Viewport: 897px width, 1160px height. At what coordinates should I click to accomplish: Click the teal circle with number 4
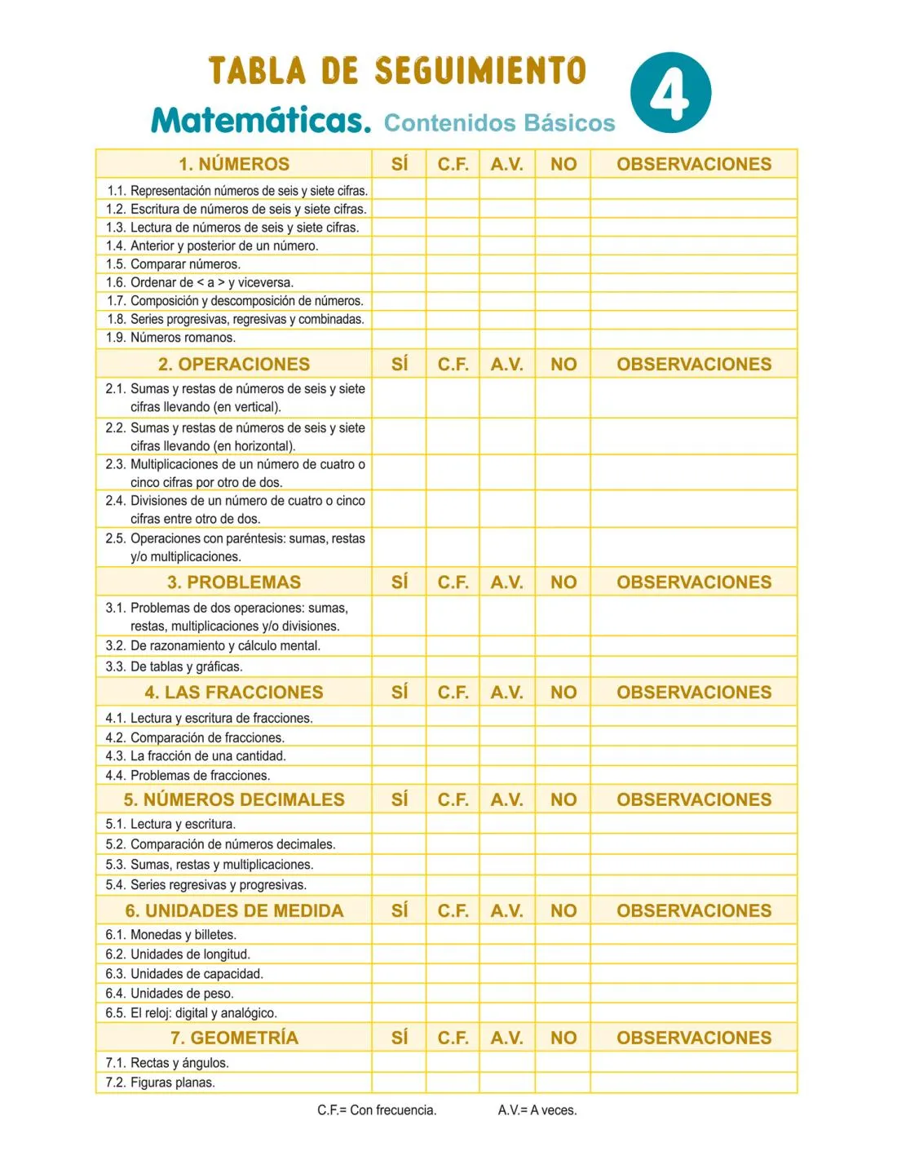[670, 93]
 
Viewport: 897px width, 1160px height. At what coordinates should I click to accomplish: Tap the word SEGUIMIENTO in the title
[480, 71]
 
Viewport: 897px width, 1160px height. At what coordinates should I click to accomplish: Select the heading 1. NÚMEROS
[234, 164]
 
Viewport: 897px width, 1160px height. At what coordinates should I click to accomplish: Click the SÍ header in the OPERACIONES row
[400, 364]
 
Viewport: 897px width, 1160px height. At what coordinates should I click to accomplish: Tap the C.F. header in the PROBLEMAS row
[453, 582]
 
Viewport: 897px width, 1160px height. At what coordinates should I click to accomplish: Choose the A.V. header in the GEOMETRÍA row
[506, 1038]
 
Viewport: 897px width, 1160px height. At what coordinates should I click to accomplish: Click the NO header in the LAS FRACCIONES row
[563, 693]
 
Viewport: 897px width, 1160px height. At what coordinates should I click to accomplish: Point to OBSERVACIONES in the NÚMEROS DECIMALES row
[694, 799]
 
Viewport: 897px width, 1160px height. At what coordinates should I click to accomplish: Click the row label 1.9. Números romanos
[170, 338]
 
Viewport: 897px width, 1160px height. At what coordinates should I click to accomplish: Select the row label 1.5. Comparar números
[173, 264]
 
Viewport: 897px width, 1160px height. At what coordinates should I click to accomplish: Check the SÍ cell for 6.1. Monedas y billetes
[400, 935]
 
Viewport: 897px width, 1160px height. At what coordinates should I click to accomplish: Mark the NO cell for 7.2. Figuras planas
[563, 1083]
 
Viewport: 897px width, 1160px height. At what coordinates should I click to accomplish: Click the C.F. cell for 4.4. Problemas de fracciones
[453, 775]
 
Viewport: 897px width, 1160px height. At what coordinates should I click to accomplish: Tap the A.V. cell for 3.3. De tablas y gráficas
[506, 666]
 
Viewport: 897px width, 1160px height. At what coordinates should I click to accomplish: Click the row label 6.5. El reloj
[192, 1013]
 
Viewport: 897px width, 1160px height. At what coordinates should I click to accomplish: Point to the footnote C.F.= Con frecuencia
[377, 1110]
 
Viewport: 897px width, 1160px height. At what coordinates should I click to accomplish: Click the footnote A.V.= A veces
[537, 1110]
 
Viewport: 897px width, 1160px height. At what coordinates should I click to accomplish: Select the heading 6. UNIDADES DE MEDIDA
[234, 910]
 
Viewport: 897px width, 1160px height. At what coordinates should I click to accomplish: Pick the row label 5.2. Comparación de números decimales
[220, 844]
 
